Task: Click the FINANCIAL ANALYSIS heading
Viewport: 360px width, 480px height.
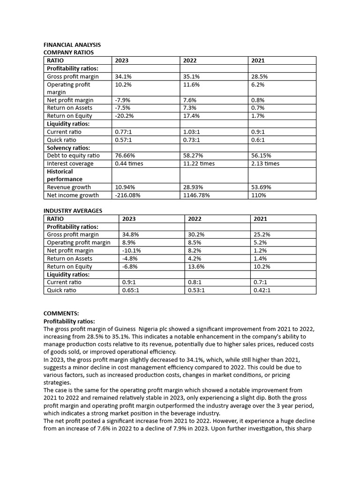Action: point(72,45)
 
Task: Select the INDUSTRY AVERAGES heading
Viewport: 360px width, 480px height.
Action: point(73,211)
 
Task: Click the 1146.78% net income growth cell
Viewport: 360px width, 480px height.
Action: point(196,195)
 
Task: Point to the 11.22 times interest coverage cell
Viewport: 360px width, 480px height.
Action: point(199,164)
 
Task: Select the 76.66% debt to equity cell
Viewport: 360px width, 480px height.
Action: point(125,156)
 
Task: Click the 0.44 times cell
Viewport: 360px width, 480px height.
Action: point(129,164)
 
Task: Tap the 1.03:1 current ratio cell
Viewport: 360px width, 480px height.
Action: point(192,132)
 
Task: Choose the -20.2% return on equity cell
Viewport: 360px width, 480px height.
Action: point(124,116)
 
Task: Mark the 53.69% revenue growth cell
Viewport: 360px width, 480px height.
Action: point(261,187)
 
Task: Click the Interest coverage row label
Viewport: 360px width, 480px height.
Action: point(70,164)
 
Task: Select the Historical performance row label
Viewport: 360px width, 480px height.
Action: point(65,175)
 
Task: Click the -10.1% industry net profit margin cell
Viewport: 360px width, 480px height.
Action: point(131,251)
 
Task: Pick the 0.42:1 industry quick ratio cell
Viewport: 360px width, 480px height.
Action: point(262,290)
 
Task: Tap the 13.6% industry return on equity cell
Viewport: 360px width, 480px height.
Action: point(196,267)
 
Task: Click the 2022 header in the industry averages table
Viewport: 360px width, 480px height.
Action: point(195,219)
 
